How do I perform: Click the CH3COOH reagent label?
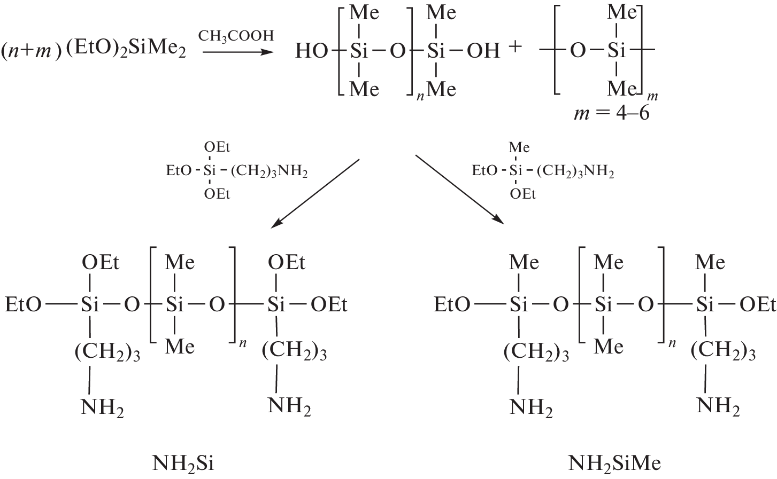coord(236,36)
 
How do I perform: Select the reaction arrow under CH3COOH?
coord(236,52)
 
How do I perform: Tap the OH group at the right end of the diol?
coord(483,51)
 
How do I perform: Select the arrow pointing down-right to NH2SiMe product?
coord(459,189)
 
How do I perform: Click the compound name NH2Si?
coord(183,463)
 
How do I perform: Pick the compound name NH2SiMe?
coord(614,463)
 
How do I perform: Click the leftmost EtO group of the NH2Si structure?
coord(23,305)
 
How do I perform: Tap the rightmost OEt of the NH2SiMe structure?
coord(757,305)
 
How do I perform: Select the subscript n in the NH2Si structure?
coord(243,344)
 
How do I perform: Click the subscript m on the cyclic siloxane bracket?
coord(652,97)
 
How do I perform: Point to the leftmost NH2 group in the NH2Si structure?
coord(102,407)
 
